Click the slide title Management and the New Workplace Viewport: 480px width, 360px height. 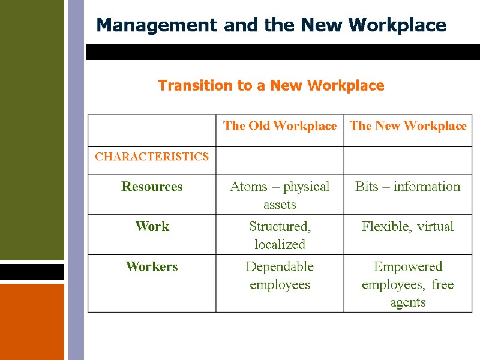(271, 25)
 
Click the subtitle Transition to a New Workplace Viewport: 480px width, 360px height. (271, 86)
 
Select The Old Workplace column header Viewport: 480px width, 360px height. (280, 126)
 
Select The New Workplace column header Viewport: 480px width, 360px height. (408, 126)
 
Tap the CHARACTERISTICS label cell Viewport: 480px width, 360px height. (152, 157)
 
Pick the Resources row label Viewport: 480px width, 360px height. (152, 187)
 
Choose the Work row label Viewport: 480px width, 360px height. (152, 227)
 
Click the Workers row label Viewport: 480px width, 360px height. (152, 267)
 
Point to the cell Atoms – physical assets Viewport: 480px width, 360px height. (280, 195)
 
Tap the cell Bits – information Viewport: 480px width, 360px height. (408, 187)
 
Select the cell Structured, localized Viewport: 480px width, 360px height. (280, 235)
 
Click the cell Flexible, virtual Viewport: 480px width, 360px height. (408, 227)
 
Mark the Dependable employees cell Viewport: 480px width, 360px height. (280, 275)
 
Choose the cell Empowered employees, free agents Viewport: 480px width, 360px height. (408, 284)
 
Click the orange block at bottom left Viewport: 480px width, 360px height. (31, 321)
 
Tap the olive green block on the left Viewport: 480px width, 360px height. (31, 129)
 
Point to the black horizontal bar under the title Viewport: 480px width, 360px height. (282, 52)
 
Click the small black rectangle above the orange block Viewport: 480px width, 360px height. (31, 272)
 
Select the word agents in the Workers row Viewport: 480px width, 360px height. (408, 302)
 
